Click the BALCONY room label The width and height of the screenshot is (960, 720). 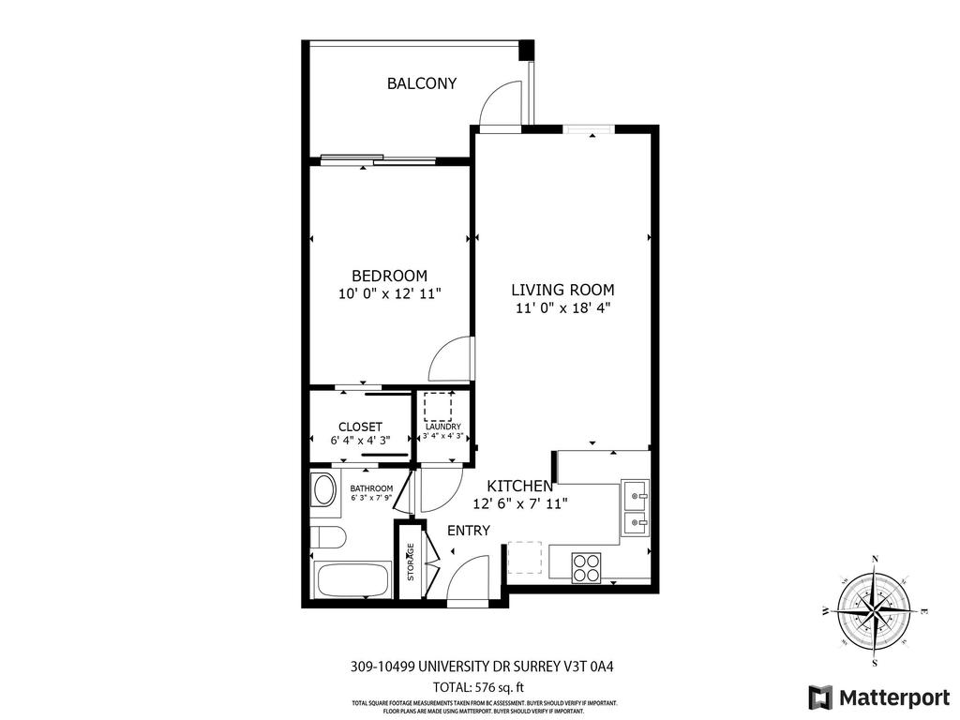point(422,83)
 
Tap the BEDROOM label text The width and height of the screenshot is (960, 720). point(389,276)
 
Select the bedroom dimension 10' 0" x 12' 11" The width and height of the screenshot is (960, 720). point(389,293)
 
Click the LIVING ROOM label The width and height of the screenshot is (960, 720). point(562,290)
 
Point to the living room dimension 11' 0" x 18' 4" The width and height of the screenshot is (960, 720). point(562,307)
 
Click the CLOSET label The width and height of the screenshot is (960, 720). point(360,427)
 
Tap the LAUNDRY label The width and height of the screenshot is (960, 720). point(442,427)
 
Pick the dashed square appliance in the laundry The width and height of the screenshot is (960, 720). point(438,407)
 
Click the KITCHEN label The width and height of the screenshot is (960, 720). point(519,486)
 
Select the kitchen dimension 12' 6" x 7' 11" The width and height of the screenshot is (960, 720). point(519,503)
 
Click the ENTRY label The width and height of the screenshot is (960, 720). point(468,531)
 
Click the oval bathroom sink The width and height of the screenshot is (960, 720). point(324,490)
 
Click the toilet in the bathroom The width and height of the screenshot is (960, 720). point(329,538)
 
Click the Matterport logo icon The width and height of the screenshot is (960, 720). point(820,697)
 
